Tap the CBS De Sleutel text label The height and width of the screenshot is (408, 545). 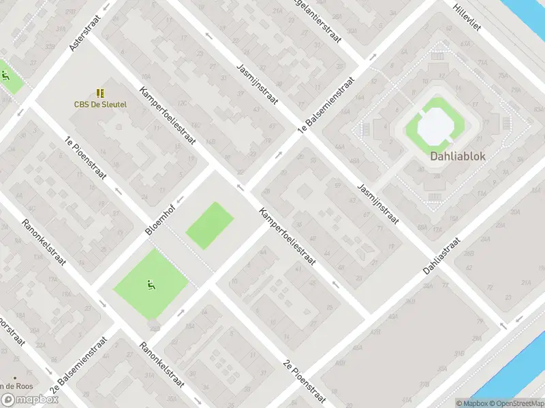point(100,105)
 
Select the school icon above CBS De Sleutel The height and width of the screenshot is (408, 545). point(100,92)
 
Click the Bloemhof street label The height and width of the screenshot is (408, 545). point(161,219)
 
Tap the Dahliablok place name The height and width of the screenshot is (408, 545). point(457,156)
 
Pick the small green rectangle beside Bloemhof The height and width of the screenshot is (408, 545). point(210,224)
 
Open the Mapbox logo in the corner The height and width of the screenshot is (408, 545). point(28,400)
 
